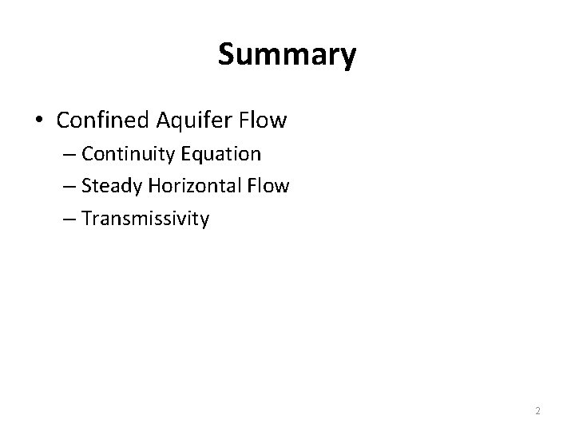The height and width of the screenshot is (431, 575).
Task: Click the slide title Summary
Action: [287, 54]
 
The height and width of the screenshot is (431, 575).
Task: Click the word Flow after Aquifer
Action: [262, 121]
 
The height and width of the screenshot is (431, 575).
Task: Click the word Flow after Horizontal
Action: [269, 186]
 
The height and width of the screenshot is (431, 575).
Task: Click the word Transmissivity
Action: [145, 219]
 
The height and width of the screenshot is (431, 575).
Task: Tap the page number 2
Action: [537, 410]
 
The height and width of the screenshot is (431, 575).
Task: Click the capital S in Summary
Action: [226, 54]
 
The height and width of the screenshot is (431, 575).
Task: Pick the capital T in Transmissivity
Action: [85, 218]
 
